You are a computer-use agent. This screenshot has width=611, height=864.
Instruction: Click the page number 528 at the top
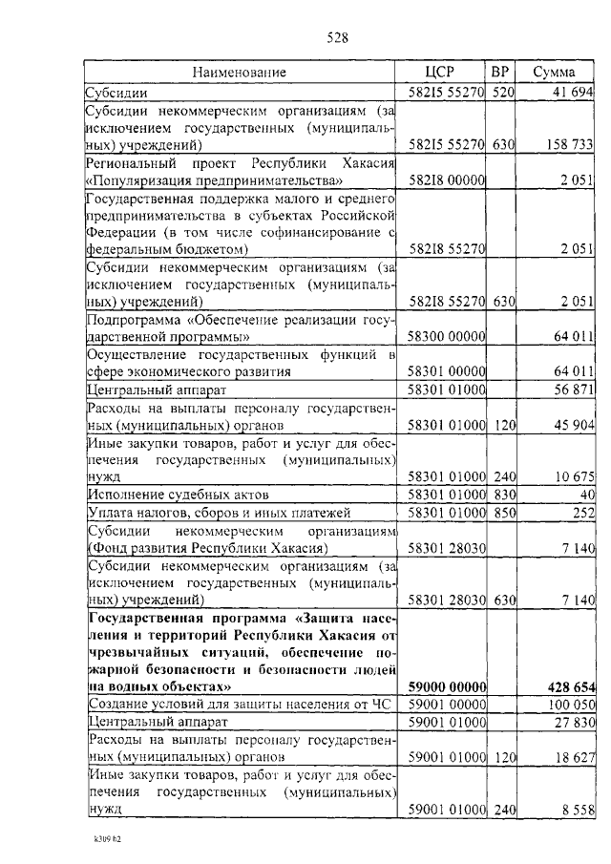pyautogui.click(x=337, y=38)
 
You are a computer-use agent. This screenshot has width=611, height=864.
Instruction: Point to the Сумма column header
pyautogui.click(x=554, y=73)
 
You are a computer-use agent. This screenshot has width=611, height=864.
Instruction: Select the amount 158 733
pyautogui.click(x=568, y=145)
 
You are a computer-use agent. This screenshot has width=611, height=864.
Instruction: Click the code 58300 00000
pyautogui.click(x=447, y=337)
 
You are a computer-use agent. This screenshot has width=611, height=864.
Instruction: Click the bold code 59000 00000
pyautogui.click(x=447, y=686)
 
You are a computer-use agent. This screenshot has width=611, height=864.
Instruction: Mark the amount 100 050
pyautogui.click(x=569, y=705)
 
